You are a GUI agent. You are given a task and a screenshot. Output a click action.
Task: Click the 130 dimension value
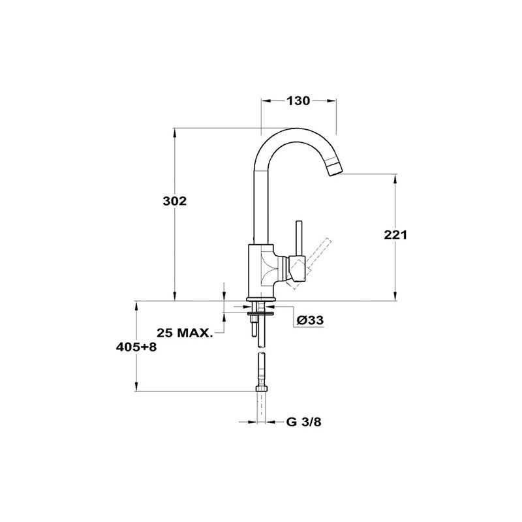[x=298, y=100]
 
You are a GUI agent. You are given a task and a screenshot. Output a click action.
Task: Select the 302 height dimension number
[x=174, y=201]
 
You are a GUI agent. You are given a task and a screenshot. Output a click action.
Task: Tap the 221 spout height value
[x=395, y=235]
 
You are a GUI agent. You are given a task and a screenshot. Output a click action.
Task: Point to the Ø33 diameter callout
[x=310, y=320]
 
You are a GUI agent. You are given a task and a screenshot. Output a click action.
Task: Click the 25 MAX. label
[x=185, y=333]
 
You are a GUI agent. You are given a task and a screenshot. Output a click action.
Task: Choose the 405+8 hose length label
[x=136, y=347]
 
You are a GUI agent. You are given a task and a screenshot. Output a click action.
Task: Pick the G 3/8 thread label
[x=303, y=422]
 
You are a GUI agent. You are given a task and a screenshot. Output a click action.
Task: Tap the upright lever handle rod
[x=299, y=238]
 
